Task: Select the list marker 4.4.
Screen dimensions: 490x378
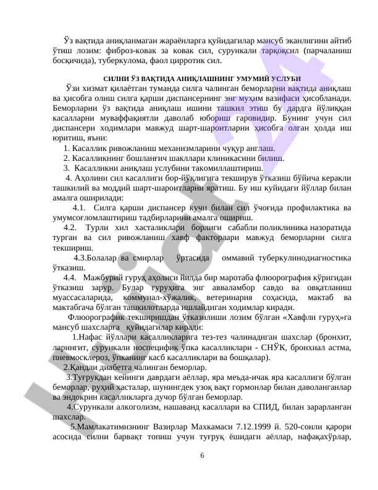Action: [x=70, y=277]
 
